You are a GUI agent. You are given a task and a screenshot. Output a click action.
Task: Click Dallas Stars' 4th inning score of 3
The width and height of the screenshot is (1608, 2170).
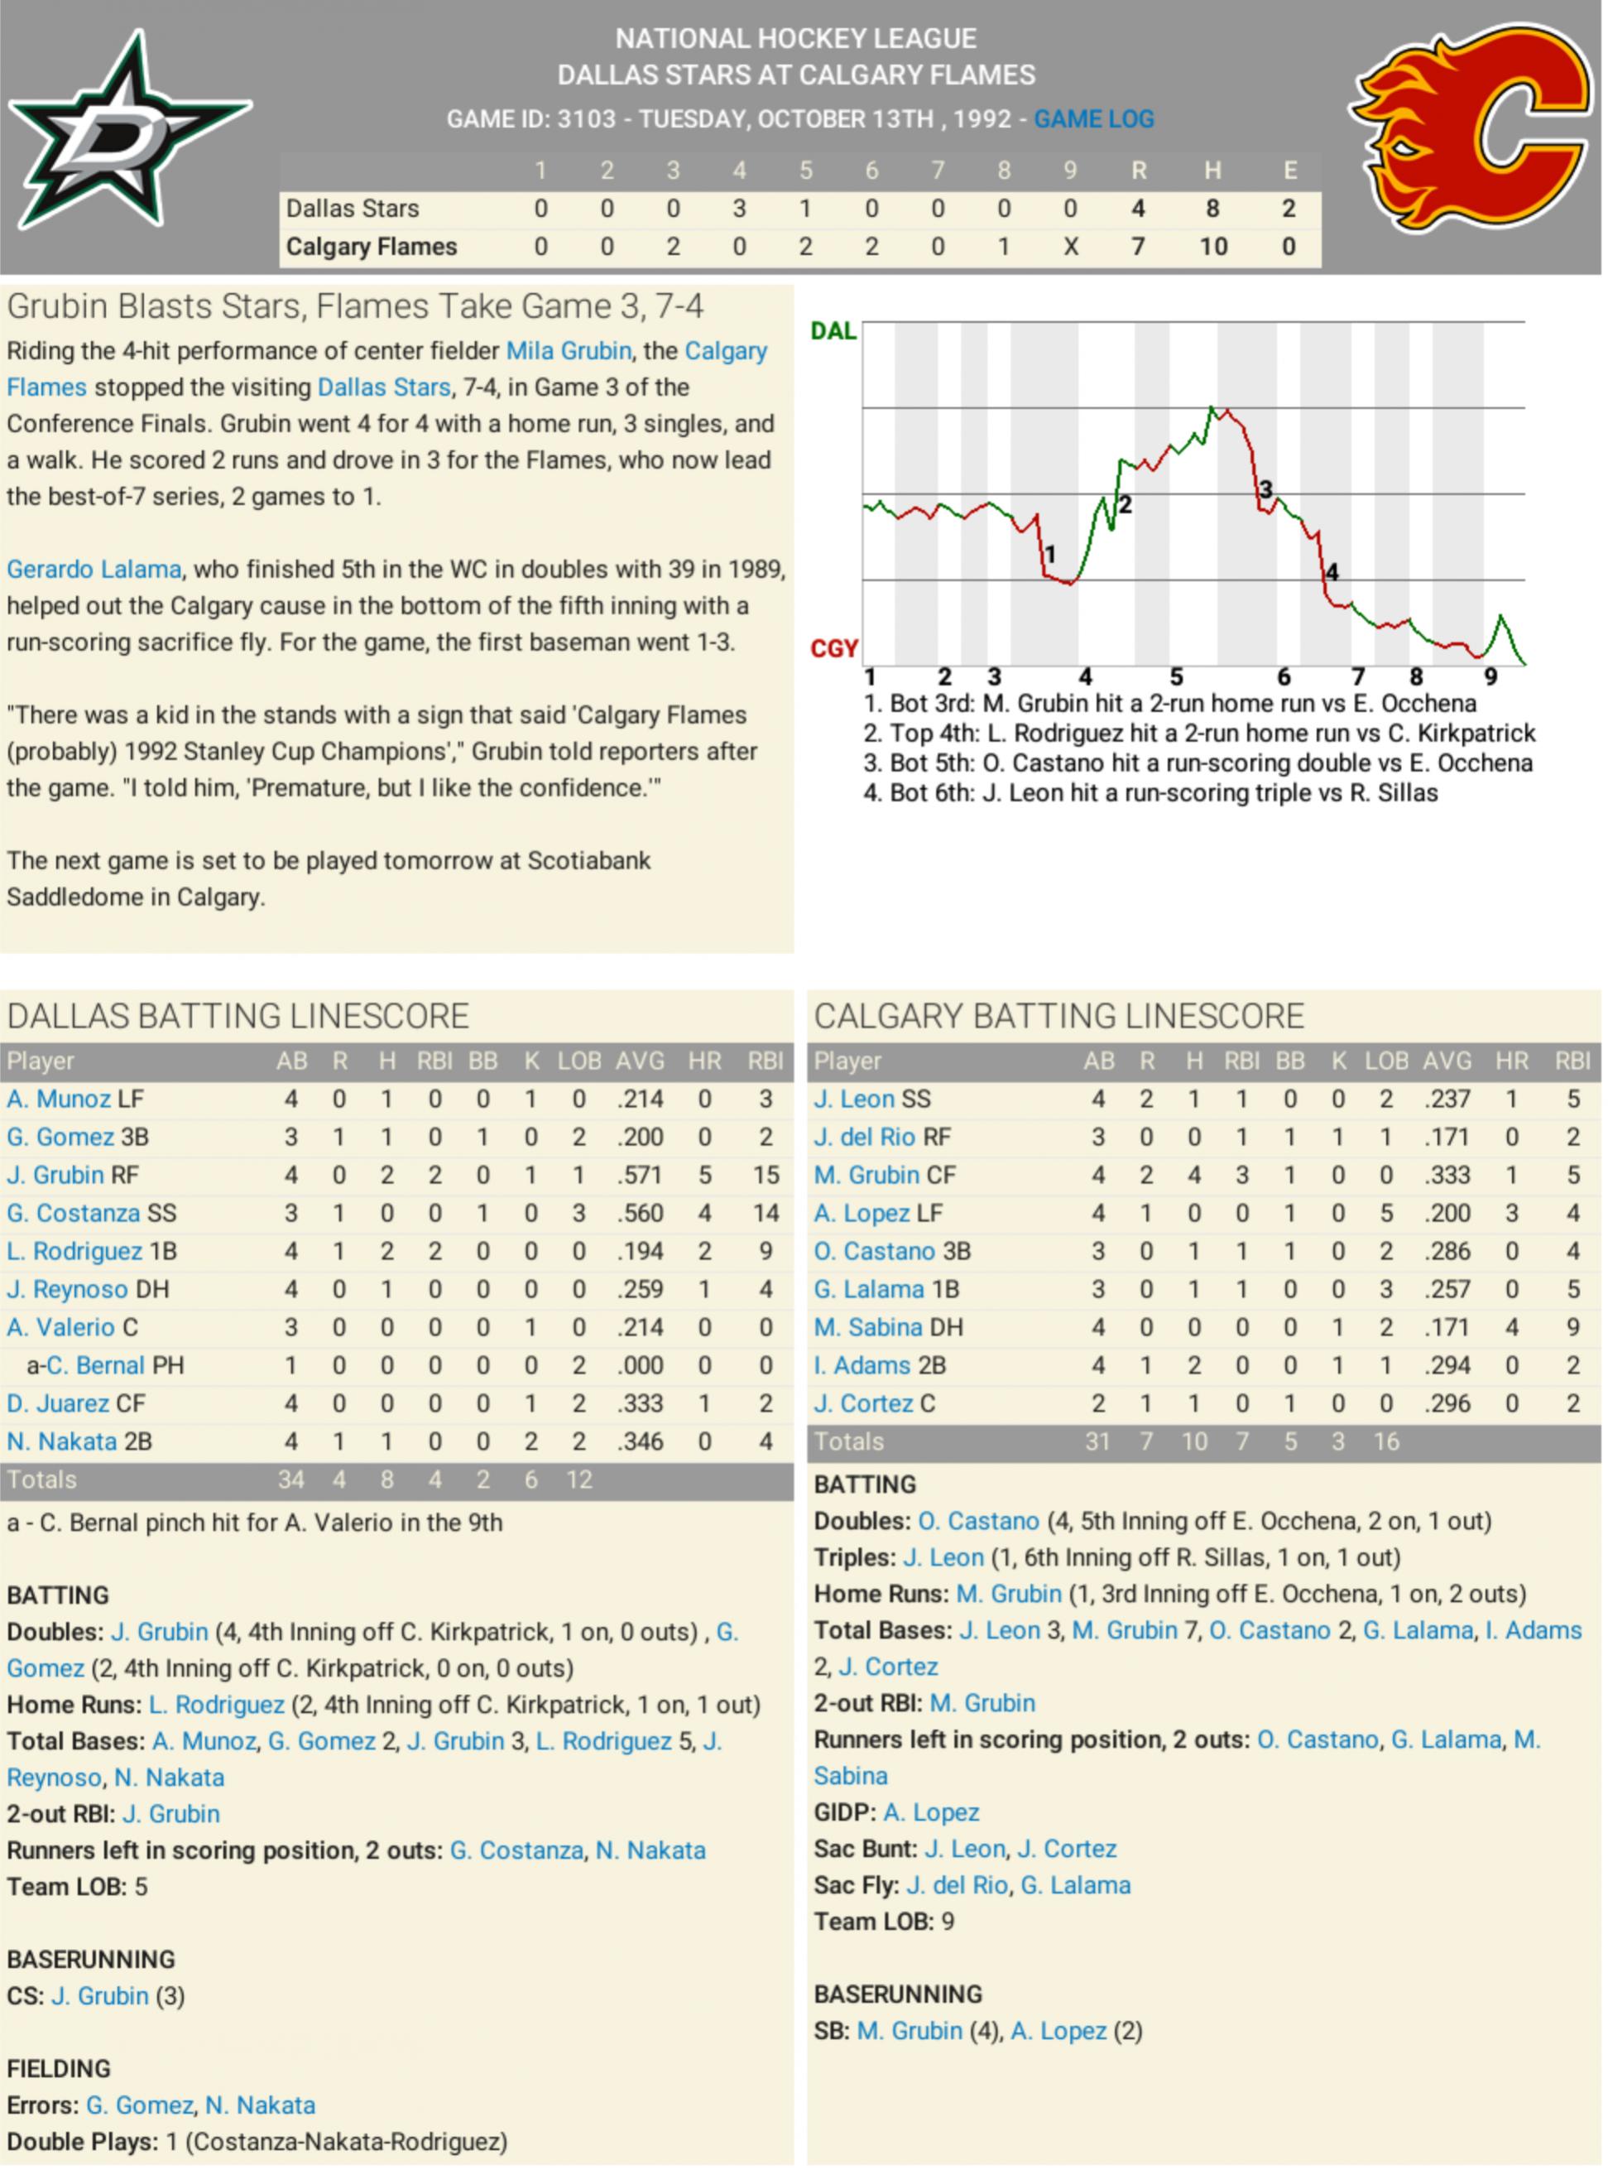click(x=739, y=209)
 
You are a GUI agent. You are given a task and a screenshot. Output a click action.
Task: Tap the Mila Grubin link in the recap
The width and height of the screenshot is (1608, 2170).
click(x=569, y=350)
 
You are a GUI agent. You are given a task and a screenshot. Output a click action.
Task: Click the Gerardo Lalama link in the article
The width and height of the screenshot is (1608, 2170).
click(x=94, y=569)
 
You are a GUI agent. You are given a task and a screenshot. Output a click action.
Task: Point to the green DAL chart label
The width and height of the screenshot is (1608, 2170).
click(x=833, y=331)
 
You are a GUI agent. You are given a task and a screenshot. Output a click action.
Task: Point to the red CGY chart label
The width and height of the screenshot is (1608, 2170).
click(x=833, y=648)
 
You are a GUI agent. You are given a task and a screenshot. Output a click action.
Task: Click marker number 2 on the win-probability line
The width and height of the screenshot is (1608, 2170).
click(x=1126, y=504)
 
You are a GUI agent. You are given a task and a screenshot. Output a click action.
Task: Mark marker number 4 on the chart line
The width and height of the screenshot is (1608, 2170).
click(x=1332, y=571)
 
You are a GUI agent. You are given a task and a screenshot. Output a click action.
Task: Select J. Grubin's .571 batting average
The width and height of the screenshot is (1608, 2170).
click(x=640, y=1175)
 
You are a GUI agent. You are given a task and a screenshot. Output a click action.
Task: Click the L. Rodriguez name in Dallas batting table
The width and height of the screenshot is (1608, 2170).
click(x=74, y=1251)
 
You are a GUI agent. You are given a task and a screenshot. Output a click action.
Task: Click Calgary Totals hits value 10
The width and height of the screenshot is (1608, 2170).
click(x=1193, y=1441)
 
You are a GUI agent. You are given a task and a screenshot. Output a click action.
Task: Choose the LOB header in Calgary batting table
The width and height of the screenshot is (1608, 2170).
click(x=1386, y=1061)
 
